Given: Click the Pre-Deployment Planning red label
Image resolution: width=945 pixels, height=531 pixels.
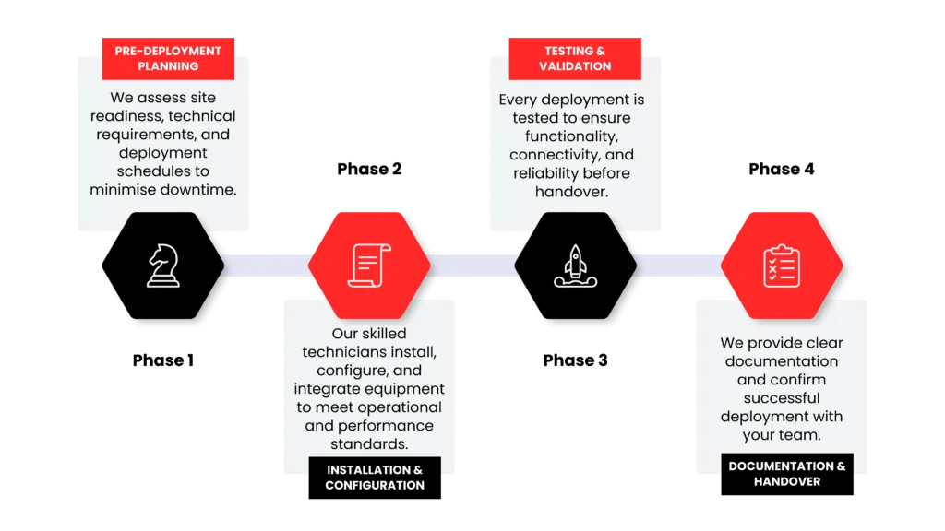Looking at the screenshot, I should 168,58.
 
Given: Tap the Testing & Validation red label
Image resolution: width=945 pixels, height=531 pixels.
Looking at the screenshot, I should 575,58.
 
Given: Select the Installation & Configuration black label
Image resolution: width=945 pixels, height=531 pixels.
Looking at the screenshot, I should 375,477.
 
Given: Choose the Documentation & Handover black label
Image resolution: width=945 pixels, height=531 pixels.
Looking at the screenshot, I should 787,473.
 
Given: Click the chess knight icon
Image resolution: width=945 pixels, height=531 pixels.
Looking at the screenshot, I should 163,265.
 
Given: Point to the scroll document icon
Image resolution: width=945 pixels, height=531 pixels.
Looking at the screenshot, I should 368,265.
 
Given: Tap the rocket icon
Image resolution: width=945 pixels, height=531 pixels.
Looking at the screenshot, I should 575,265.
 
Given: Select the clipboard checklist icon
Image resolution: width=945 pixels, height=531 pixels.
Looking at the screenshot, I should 781,265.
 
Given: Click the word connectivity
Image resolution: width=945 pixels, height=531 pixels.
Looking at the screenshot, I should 557,155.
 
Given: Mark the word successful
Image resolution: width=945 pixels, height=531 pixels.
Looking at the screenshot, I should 781,398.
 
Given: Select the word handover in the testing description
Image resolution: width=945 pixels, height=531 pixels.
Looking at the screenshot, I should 571,192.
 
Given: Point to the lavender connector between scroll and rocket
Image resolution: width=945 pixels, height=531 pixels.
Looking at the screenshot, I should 472,265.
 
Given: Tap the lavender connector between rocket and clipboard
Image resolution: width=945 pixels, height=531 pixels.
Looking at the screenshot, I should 678,265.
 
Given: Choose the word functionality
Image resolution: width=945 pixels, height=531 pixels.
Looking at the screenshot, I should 571,136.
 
